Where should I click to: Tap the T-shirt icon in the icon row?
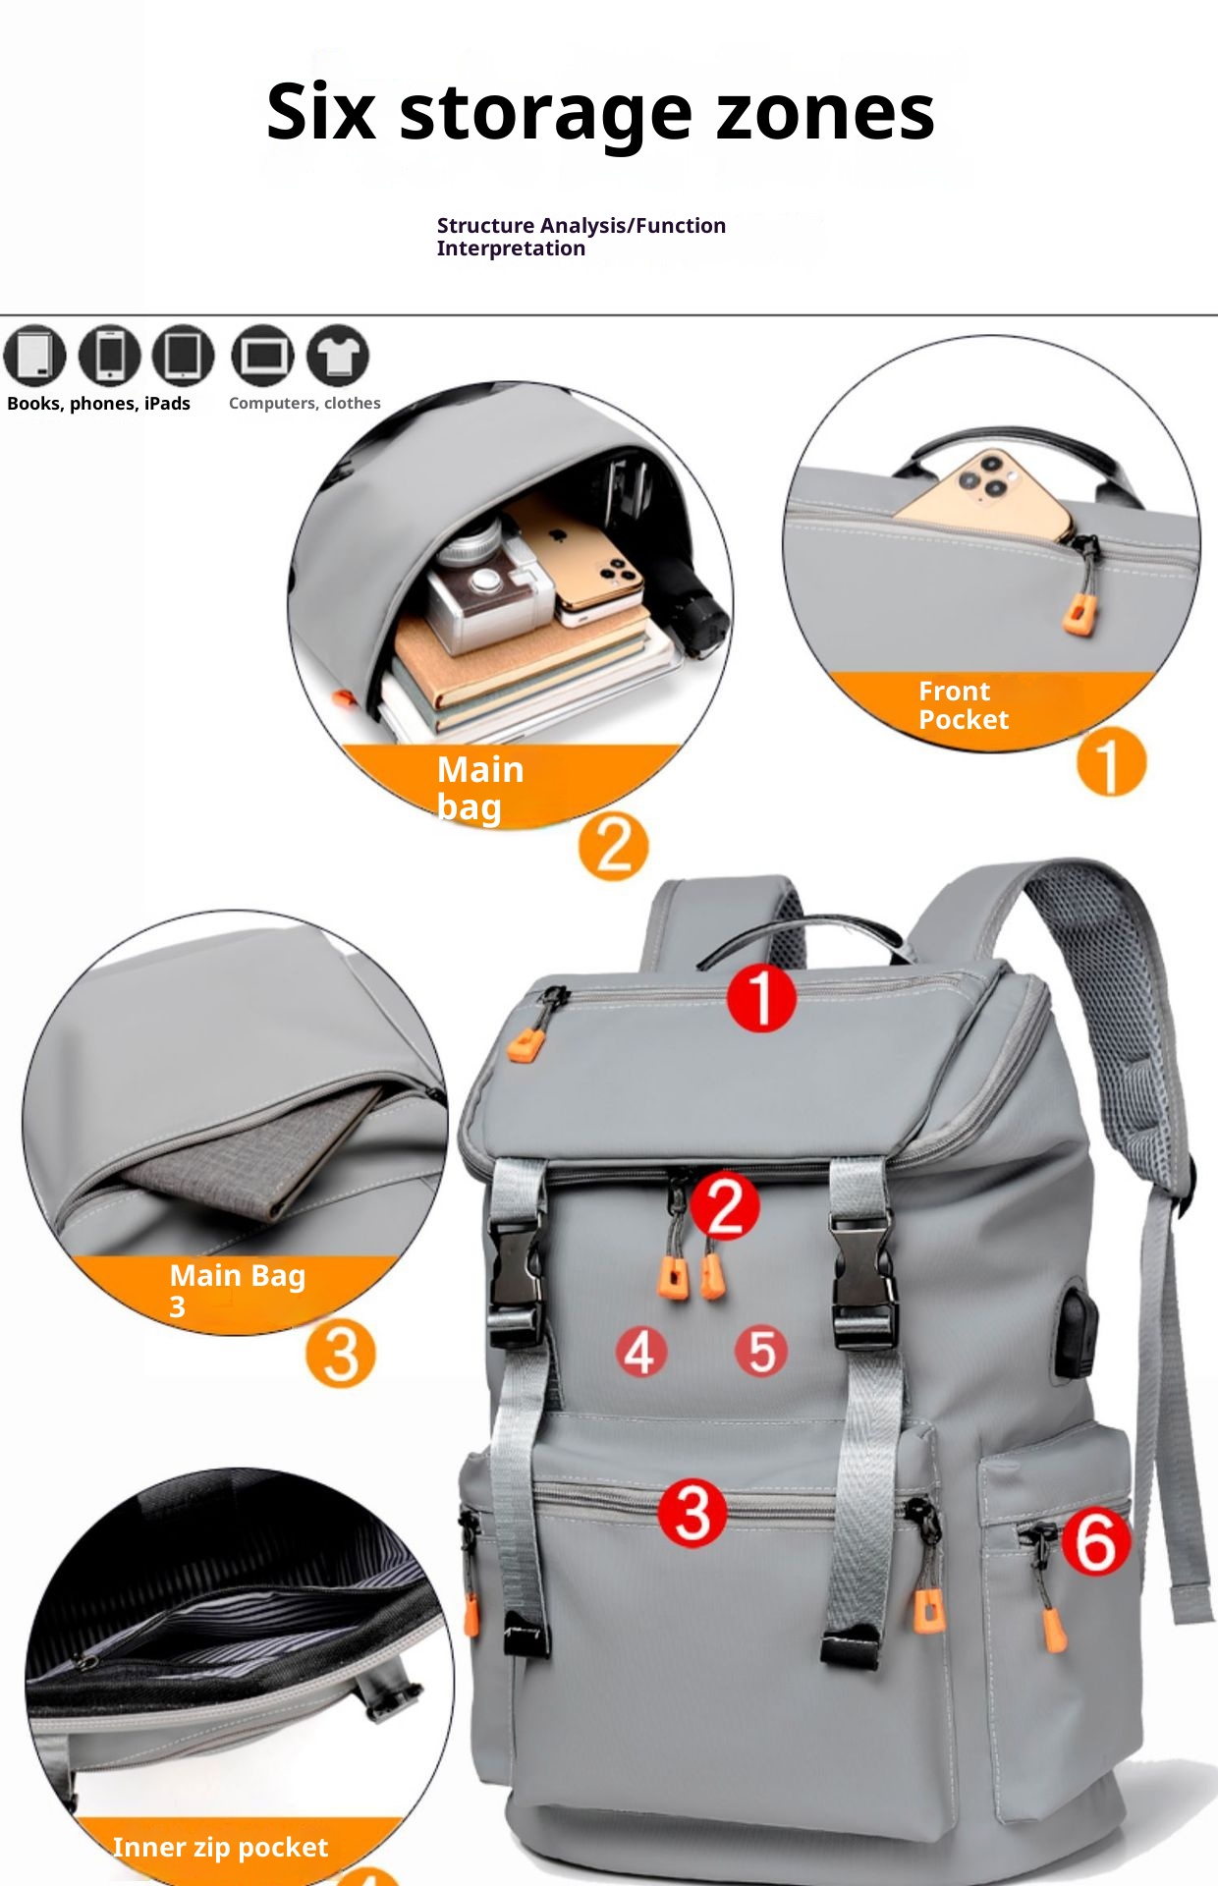point(337,355)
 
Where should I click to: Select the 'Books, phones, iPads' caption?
point(98,404)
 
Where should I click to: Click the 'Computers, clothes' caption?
point(304,403)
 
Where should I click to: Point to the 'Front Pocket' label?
point(963,705)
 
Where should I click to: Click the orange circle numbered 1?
point(1111,763)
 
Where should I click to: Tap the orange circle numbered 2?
point(613,846)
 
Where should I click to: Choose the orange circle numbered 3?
point(340,1354)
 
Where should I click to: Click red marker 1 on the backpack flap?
point(761,998)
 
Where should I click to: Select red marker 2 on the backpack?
point(725,1205)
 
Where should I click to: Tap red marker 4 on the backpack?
point(640,1352)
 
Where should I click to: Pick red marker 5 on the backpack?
point(761,1351)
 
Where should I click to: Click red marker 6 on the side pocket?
point(1096,1541)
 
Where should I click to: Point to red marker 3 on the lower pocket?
point(692,1513)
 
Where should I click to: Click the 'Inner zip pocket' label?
point(220,1848)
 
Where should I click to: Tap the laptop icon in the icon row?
point(262,355)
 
